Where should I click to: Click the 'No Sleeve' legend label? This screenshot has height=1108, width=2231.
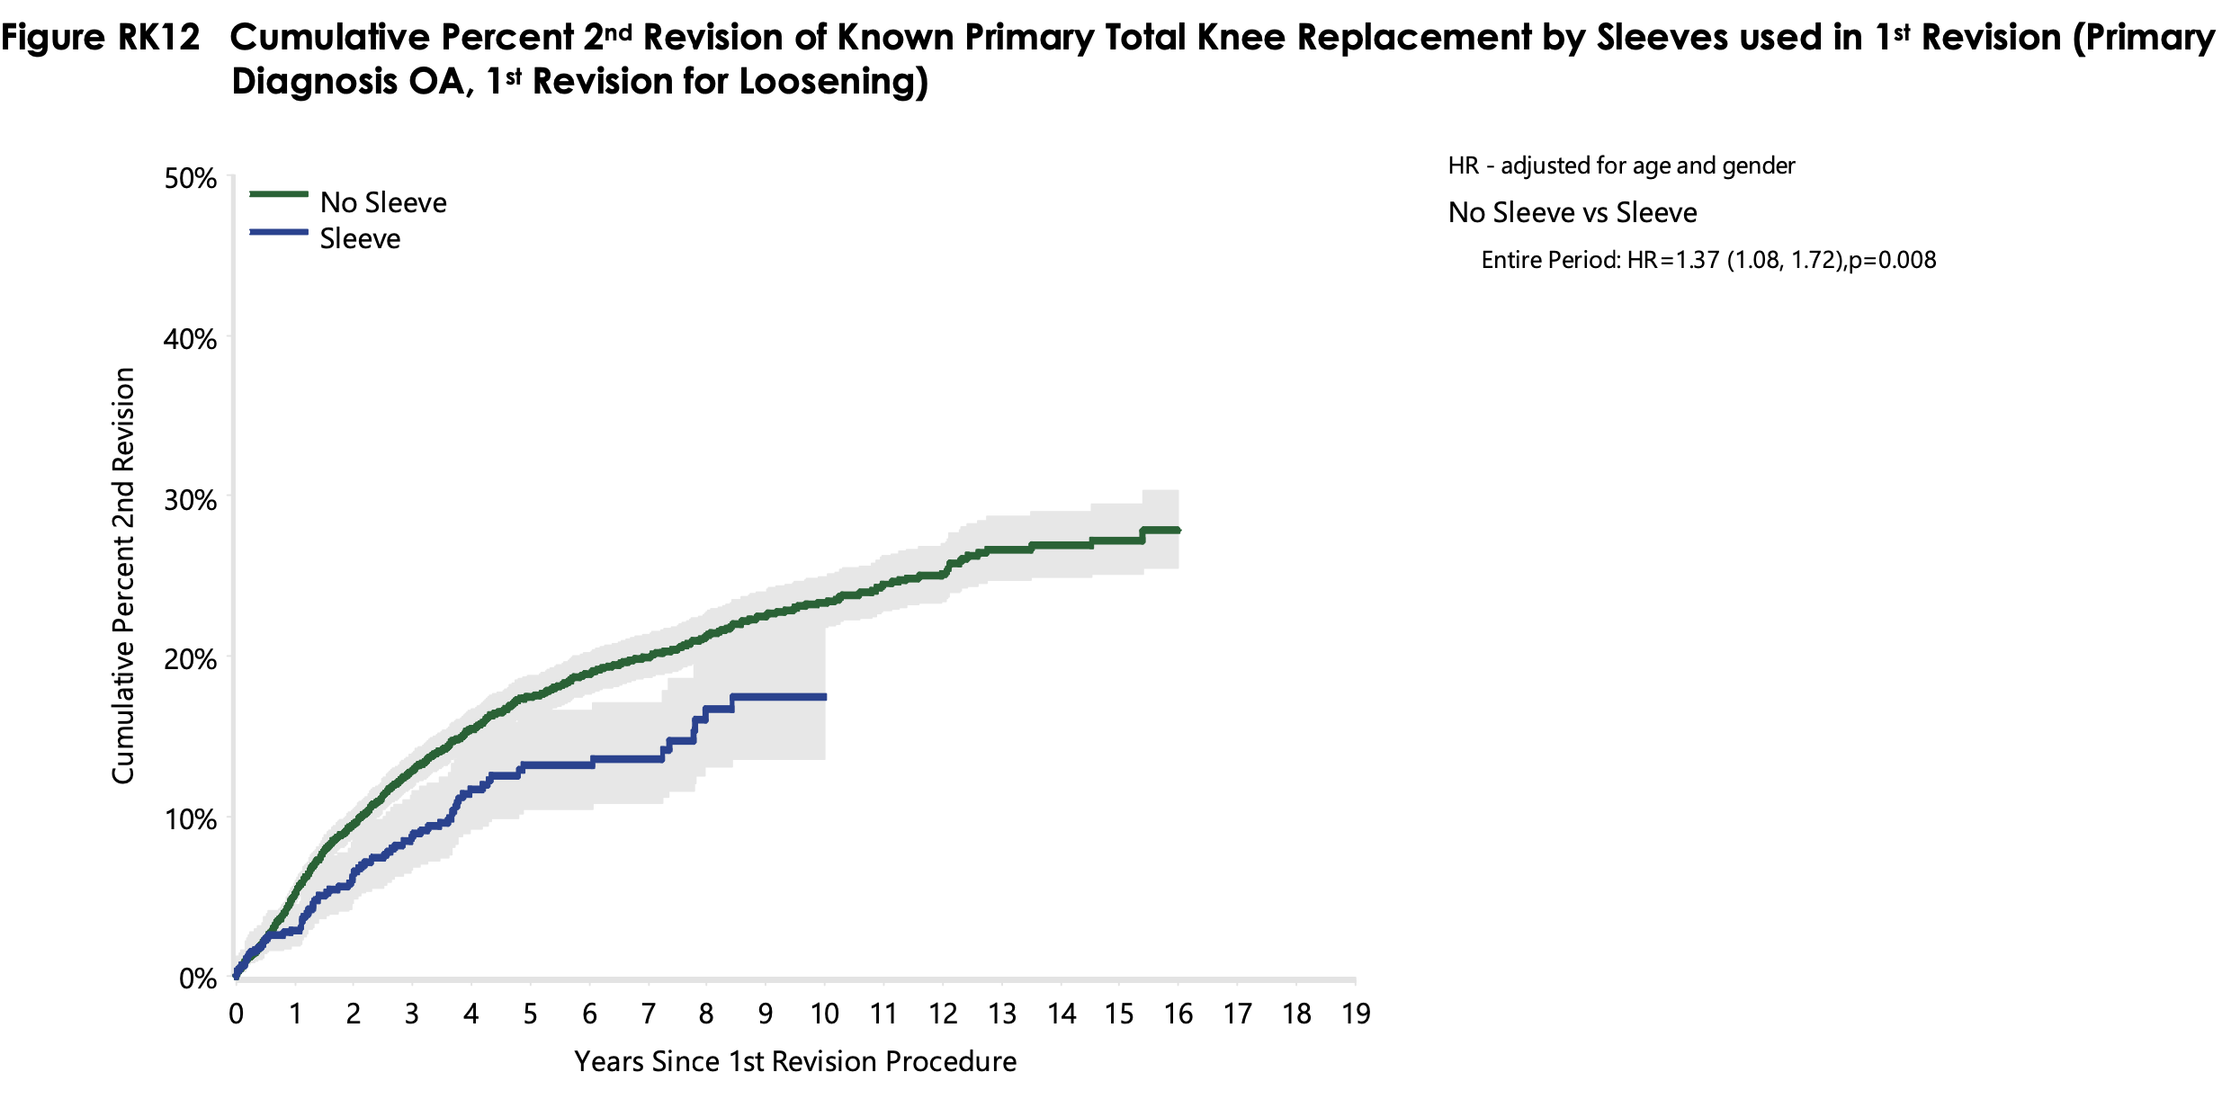click(383, 202)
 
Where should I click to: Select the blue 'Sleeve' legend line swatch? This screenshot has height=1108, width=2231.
click(279, 233)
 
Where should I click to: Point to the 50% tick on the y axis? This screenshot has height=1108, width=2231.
click(191, 178)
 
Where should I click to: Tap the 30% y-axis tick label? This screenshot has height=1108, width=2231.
click(191, 499)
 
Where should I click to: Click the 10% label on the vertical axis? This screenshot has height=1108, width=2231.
click(191, 819)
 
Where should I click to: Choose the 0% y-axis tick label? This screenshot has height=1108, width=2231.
click(198, 978)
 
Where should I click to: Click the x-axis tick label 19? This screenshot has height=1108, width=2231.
click(1356, 1014)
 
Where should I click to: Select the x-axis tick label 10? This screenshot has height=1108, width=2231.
click(824, 1014)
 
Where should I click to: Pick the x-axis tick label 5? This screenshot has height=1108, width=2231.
click(530, 1014)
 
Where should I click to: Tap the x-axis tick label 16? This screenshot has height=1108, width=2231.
click(1178, 1014)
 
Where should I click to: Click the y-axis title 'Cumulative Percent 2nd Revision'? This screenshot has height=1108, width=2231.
click(123, 576)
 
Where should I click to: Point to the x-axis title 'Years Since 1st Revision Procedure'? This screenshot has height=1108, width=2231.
click(795, 1062)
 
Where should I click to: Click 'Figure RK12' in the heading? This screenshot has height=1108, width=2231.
click(101, 38)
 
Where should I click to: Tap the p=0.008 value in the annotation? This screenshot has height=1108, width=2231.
click(1893, 261)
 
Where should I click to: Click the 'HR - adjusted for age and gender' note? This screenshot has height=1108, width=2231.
click(1621, 166)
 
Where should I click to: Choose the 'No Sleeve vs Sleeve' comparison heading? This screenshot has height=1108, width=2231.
click(1572, 213)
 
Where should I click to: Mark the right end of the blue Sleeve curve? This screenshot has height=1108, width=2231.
click(824, 697)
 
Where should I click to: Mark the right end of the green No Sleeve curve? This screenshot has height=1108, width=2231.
click(1178, 531)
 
